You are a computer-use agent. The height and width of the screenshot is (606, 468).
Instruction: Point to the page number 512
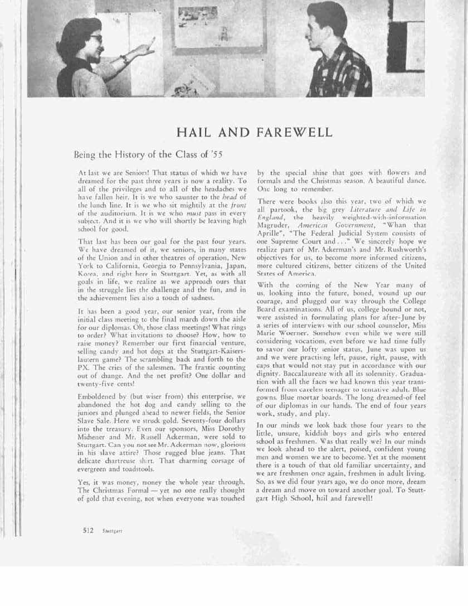pyautogui.click(x=87, y=530)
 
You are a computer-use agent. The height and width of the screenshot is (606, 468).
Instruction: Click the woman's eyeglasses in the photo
pyautogui.click(x=95, y=38)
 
